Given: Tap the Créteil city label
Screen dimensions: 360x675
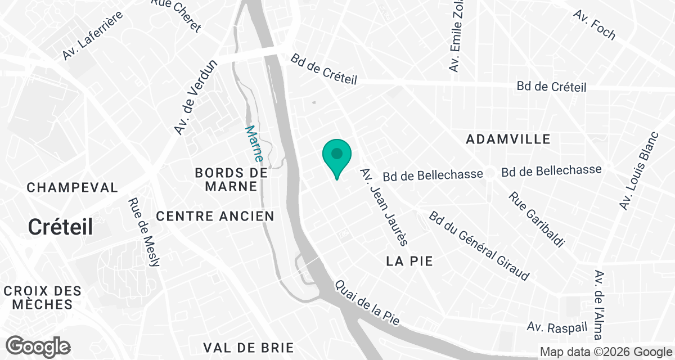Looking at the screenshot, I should pyautogui.click(x=61, y=227).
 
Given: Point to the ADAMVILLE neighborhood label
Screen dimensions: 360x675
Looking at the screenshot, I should pyautogui.click(x=508, y=139).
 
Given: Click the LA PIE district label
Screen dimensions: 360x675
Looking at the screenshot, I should pyautogui.click(x=409, y=262).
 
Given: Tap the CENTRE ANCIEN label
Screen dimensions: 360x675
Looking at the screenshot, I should pyautogui.click(x=215, y=216).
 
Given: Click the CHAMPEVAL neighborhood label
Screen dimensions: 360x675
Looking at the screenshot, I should pyautogui.click(x=73, y=187).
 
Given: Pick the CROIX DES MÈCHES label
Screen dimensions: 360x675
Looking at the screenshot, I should pyautogui.click(x=43, y=298).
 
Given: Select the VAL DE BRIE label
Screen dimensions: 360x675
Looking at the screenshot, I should pyautogui.click(x=245, y=348).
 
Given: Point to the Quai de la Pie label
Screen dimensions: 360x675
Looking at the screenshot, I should pyautogui.click(x=367, y=303).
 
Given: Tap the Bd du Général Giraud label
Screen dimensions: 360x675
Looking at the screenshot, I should pyautogui.click(x=479, y=246).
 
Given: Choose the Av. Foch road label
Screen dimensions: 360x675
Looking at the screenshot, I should pyautogui.click(x=595, y=25).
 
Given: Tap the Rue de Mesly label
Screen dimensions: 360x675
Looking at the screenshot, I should pyautogui.click(x=145, y=233).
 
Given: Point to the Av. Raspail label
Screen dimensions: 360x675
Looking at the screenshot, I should pyautogui.click(x=553, y=327).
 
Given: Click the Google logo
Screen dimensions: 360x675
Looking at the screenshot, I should pyautogui.click(x=38, y=346).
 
